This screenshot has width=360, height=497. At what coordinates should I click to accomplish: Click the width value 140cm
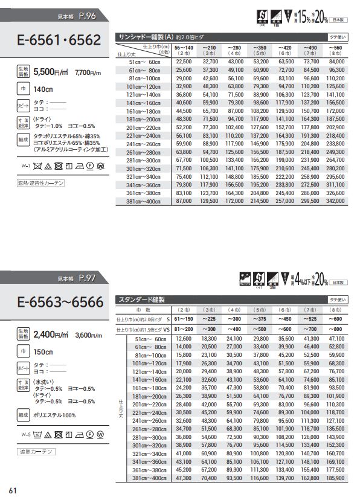[43, 89]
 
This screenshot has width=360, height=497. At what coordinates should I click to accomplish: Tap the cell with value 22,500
[183, 61]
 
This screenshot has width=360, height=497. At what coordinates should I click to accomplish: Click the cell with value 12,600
[183, 339]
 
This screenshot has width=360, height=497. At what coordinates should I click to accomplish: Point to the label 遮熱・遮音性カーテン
[42, 182]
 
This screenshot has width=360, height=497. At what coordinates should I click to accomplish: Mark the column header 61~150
[182, 318]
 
